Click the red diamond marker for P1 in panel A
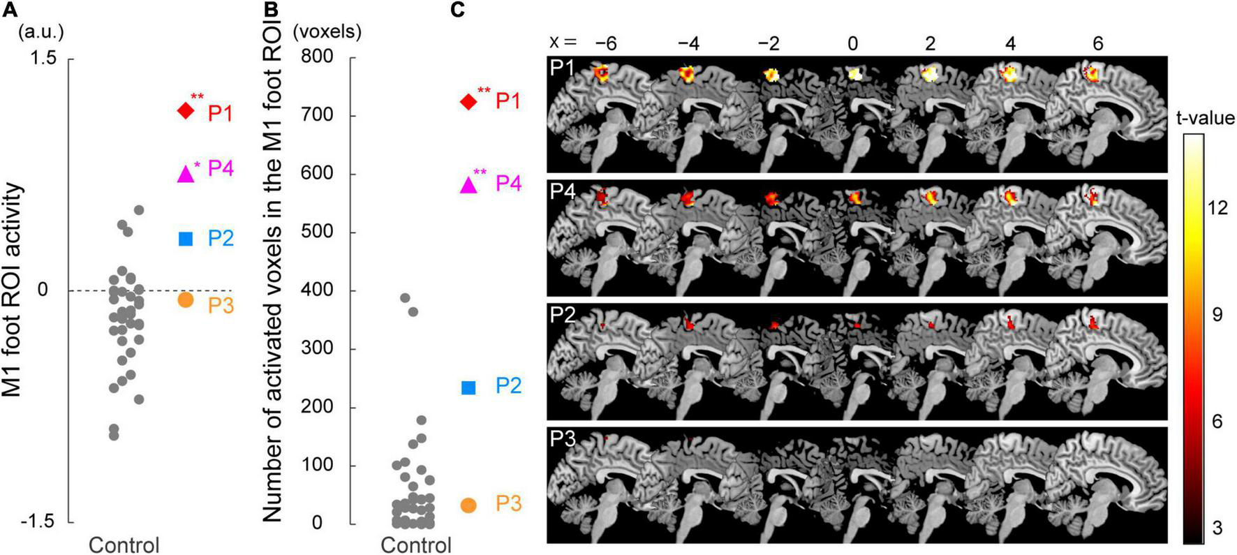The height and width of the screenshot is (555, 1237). (x=185, y=110)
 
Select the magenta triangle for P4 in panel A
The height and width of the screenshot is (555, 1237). (x=185, y=173)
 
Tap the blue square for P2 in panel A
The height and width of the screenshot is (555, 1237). (x=186, y=239)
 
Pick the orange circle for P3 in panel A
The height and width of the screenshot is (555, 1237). (x=185, y=299)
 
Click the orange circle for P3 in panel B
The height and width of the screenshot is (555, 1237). (x=468, y=505)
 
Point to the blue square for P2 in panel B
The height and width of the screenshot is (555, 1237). (x=468, y=387)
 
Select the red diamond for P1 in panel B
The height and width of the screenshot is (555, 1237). (x=468, y=102)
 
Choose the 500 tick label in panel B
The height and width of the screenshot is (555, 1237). (x=318, y=232)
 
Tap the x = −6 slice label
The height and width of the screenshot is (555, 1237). (x=606, y=43)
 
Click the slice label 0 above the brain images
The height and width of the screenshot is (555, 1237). (x=852, y=43)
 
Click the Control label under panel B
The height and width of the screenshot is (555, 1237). (x=416, y=545)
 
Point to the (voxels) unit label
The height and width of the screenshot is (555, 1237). (x=327, y=31)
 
